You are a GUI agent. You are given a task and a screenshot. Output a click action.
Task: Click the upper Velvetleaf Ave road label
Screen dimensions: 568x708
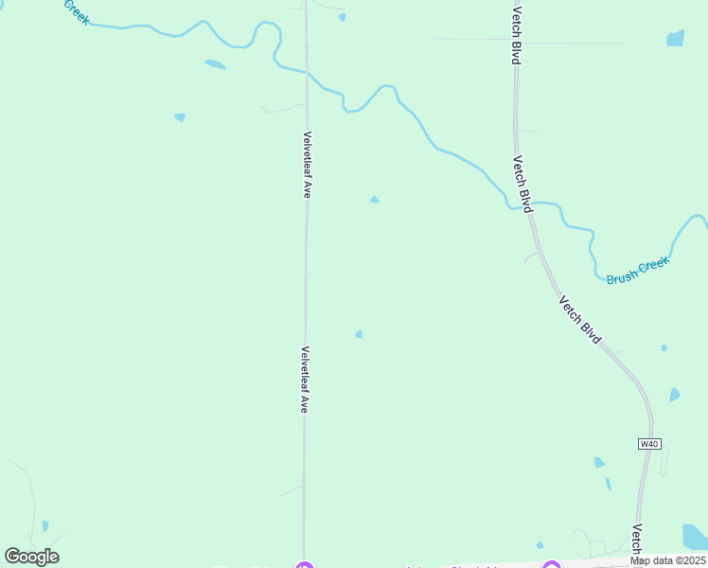tap(307, 164)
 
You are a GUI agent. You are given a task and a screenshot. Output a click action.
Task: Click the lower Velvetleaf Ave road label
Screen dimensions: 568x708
tap(305, 379)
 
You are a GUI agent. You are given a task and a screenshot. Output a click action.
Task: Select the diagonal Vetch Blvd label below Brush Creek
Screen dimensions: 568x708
tap(579, 320)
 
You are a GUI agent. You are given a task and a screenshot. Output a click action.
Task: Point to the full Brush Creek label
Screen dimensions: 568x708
tap(637, 271)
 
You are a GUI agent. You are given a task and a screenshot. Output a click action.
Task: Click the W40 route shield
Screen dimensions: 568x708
tap(648, 443)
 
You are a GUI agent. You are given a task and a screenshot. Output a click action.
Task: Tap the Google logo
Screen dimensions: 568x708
tap(31, 557)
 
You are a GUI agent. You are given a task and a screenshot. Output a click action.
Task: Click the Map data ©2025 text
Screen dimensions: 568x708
tap(668, 560)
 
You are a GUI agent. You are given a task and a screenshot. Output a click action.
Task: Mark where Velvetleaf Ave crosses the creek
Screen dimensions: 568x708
tap(307, 72)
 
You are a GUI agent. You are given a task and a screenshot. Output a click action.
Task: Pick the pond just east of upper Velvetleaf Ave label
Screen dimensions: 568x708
tap(375, 199)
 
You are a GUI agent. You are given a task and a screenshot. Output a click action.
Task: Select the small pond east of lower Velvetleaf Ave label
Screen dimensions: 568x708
tap(359, 334)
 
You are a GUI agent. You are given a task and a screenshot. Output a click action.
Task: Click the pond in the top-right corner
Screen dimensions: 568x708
tap(675, 38)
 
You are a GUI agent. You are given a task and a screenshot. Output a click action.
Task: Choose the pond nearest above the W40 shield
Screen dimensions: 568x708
tap(674, 395)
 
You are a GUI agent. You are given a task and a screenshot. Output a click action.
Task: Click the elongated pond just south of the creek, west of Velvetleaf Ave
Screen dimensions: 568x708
tap(215, 64)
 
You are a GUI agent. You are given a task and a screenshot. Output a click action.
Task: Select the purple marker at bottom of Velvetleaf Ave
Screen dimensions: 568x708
tap(304, 566)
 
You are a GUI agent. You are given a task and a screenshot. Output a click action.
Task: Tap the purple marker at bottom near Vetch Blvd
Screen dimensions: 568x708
tap(551, 566)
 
